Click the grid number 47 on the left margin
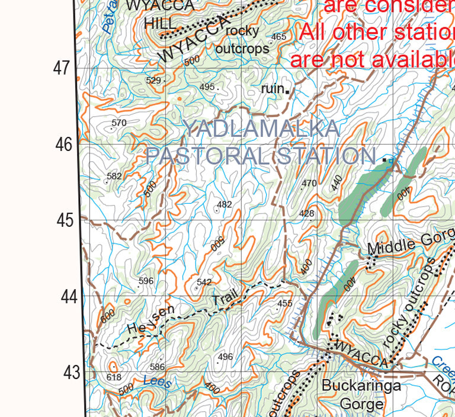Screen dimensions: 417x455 coord(61,68)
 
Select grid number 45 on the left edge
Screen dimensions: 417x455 coord(65,220)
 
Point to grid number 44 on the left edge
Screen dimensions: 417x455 coord(69,296)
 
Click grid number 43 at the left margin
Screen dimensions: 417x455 coord(72,373)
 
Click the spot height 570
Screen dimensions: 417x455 coord(119,123)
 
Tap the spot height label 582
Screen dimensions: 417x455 coord(114,176)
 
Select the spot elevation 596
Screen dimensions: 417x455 coord(146,281)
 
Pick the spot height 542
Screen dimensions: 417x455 coord(204,282)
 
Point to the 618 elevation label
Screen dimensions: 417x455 coord(114,377)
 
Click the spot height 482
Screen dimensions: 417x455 coord(225,205)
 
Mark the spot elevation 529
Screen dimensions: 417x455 coord(153,81)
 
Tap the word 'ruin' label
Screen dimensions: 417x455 coord(273,88)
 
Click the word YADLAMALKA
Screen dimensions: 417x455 coord(261,128)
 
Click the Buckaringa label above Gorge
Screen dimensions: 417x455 coord(361,386)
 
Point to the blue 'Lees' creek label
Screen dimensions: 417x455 coord(157,382)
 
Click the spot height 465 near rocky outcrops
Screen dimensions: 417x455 coord(278,37)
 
